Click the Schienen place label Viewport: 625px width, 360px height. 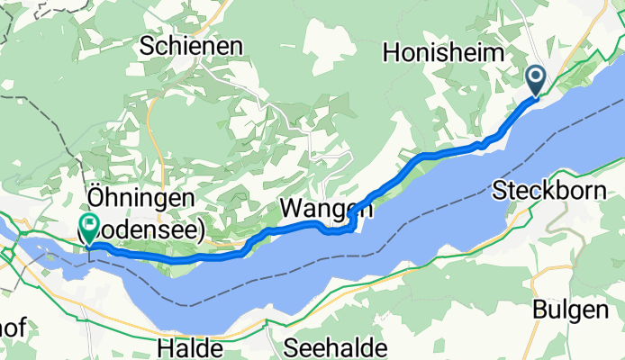pos(191,47)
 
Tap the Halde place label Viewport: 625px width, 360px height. pos(187,347)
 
